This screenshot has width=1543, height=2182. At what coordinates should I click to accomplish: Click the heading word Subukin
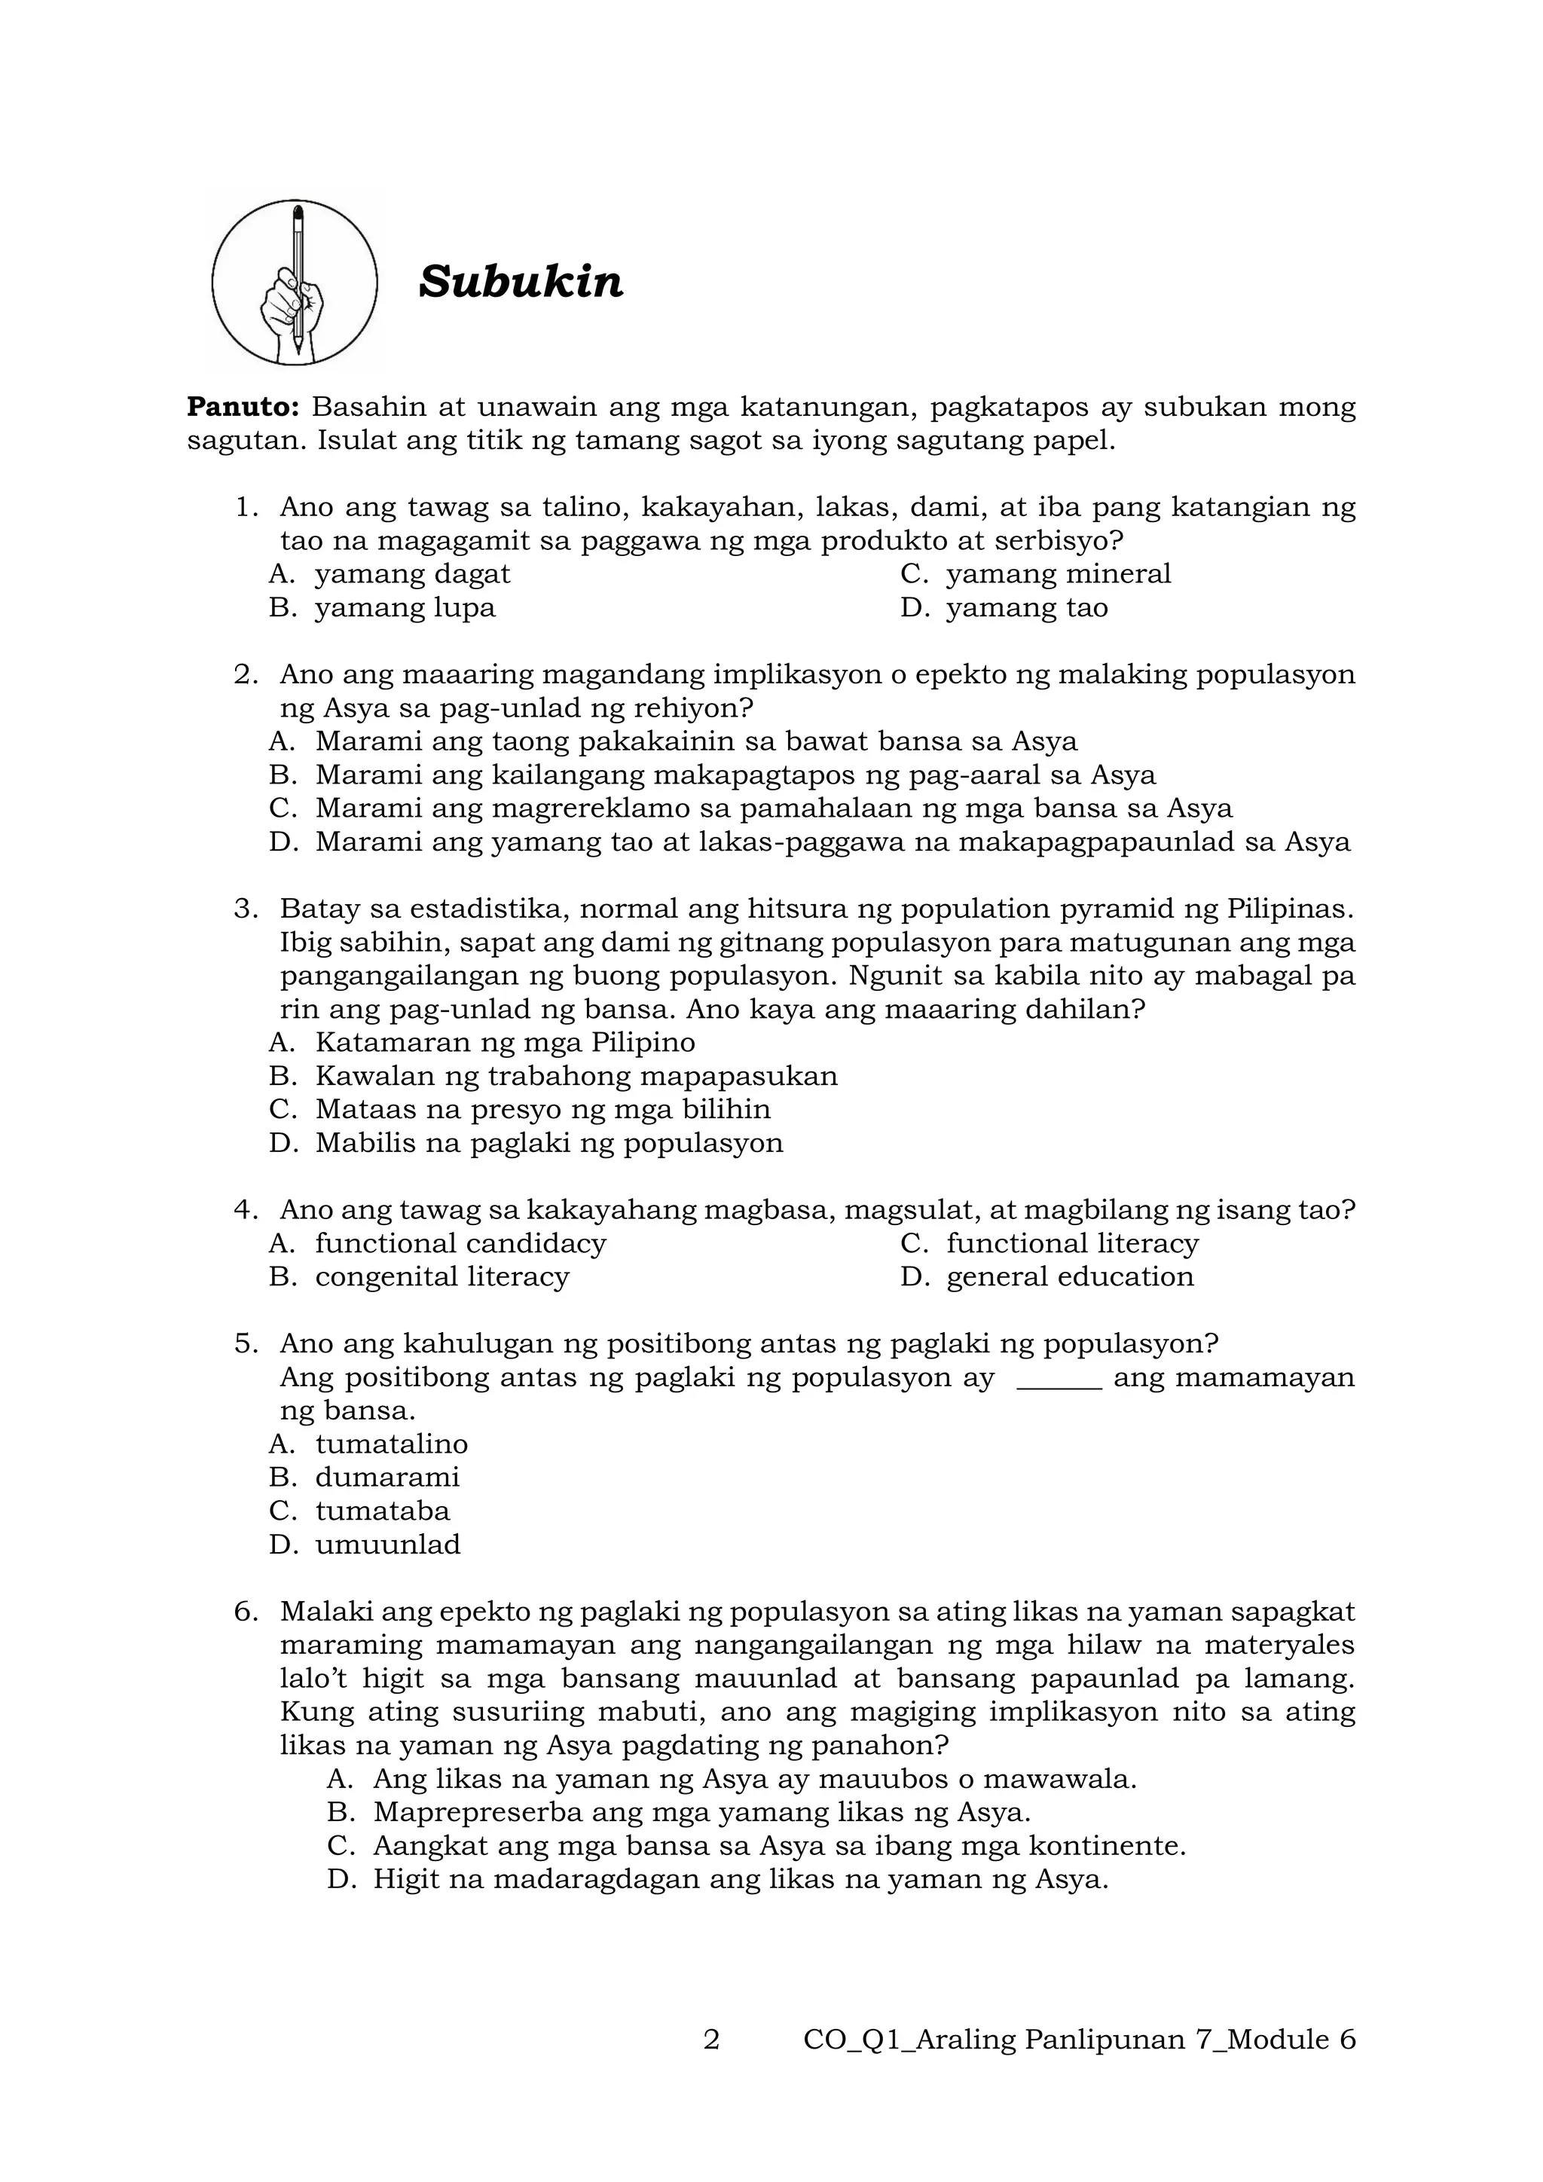coord(521,283)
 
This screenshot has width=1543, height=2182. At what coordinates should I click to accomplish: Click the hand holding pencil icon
coord(295,283)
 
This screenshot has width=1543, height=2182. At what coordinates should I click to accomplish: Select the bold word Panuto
coord(243,407)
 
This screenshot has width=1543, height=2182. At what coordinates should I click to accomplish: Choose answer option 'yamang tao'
coord(1026,607)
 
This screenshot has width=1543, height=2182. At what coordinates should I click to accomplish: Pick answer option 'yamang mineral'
coord(1058,574)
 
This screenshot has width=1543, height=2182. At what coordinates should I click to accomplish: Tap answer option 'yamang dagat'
coord(412,574)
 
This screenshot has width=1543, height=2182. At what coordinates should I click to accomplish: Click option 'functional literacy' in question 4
coord(1072,1243)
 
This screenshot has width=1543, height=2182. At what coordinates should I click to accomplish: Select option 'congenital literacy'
coord(442,1276)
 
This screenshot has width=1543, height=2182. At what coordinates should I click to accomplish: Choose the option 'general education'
coord(1069,1276)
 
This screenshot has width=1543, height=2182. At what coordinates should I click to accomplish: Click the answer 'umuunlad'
coord(388,1545)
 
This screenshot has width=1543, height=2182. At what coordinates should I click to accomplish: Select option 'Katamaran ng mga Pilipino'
coord(505,1043)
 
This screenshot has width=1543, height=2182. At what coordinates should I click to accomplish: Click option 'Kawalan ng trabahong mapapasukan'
coord(576,1076)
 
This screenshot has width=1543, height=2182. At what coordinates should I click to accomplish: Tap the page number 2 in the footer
coord(712,2040)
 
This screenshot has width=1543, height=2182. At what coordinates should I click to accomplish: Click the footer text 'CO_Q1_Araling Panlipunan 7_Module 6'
coord(1078,2040)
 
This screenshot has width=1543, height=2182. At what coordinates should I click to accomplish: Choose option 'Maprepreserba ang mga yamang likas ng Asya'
coord(701,1812)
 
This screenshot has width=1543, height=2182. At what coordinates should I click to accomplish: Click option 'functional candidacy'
coord(460,1243)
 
